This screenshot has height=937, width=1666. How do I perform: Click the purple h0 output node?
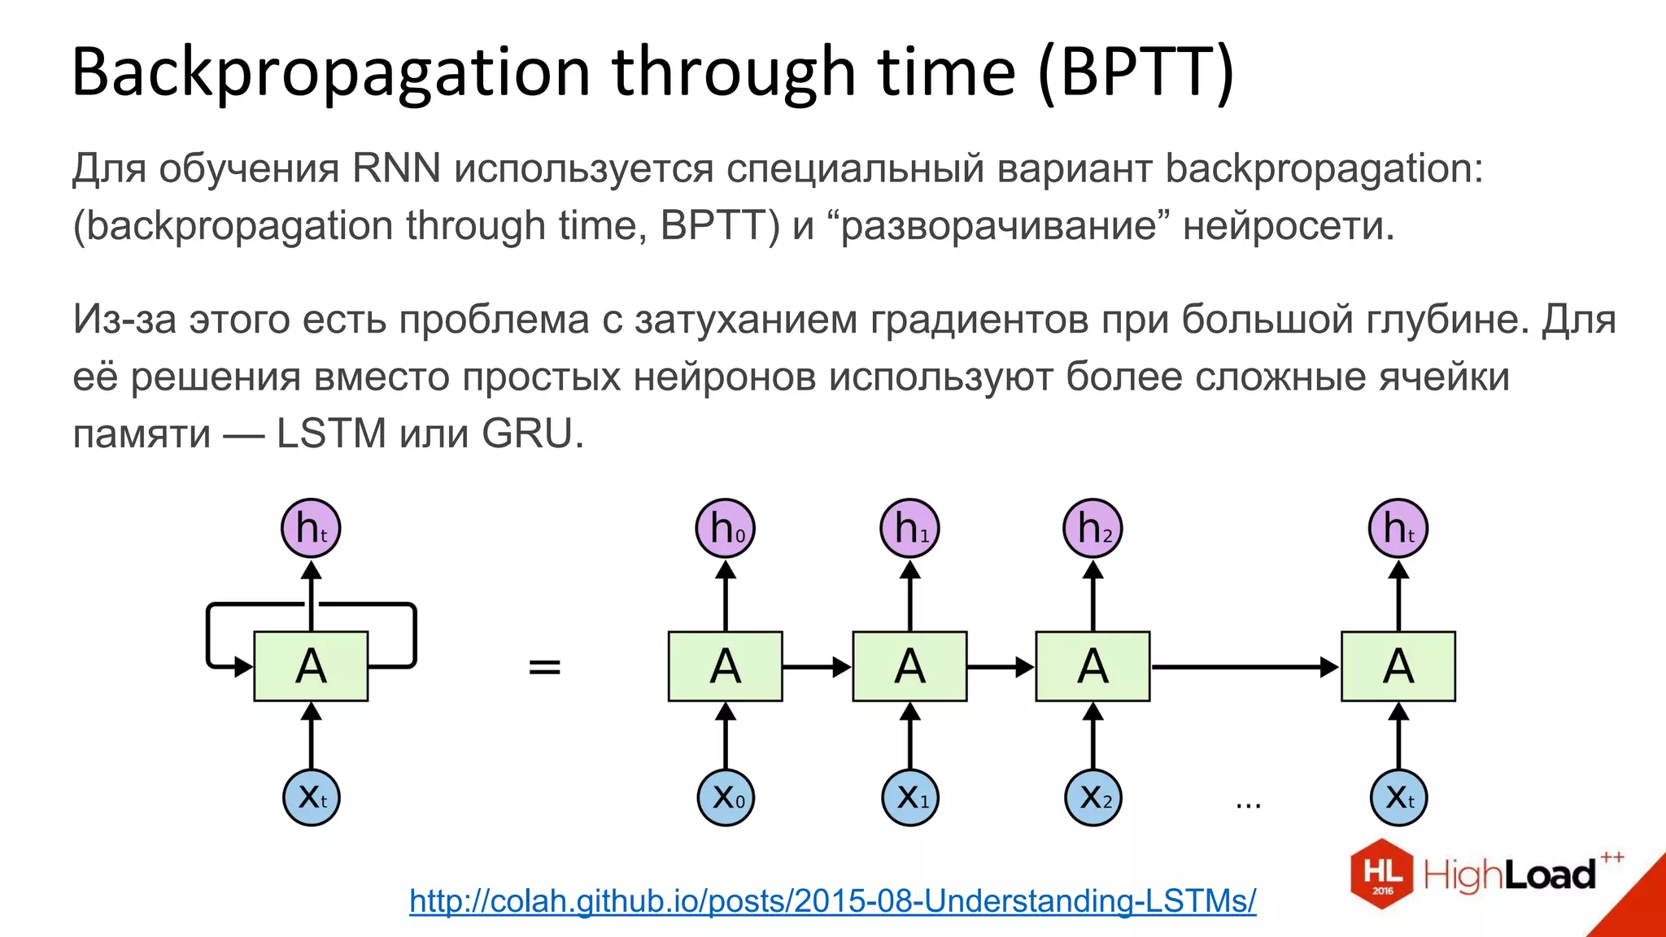point(726,529)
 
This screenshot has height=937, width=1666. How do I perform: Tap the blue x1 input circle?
point(910,798)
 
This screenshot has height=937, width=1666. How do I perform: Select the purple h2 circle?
point(1092,529)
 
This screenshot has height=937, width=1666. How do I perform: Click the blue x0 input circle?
point(726,798)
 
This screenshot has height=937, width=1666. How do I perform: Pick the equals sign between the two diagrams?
point(544,667)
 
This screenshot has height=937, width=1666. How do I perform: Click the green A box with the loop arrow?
point(311,666)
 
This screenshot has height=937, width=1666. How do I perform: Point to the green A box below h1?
point(909,666)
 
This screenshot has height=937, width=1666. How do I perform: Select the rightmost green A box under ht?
point(1398,666)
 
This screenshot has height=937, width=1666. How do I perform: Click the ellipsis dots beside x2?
point(1248,805)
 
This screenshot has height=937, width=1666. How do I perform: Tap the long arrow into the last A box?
point(1245,667)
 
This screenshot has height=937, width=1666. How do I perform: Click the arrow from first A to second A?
point(817,667)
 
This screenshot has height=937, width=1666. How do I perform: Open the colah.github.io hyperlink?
point(832,901)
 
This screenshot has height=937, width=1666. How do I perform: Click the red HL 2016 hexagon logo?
point(1382,874)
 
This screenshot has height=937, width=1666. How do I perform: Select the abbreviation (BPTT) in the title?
point(1136,73)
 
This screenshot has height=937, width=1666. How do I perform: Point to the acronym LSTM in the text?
point(331,434)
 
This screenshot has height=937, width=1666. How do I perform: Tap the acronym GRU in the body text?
point(527,434)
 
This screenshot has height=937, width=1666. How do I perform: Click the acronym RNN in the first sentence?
point(396,169)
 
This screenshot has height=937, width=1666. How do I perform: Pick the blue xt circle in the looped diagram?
point(311,798)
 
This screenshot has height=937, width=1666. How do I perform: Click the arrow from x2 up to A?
point(1092,736)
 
